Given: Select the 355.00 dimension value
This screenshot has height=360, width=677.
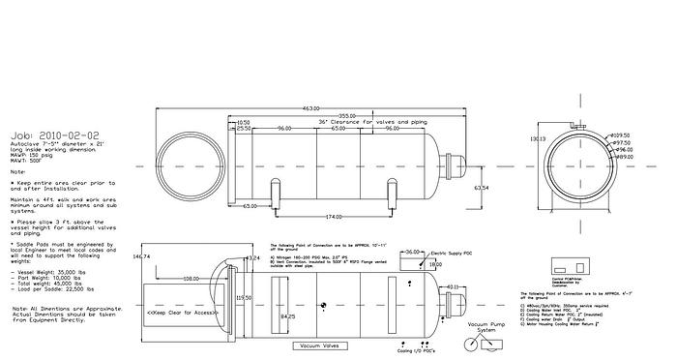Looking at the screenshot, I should (347, 115).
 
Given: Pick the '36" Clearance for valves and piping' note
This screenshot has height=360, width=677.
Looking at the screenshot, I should (360, 122).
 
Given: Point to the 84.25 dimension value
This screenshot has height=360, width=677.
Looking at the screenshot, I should (287, 315).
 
